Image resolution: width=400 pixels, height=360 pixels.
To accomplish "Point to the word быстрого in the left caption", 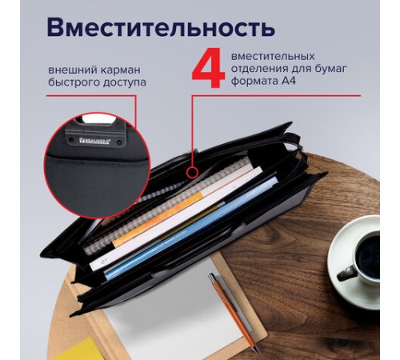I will click(x=70, y=82).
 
